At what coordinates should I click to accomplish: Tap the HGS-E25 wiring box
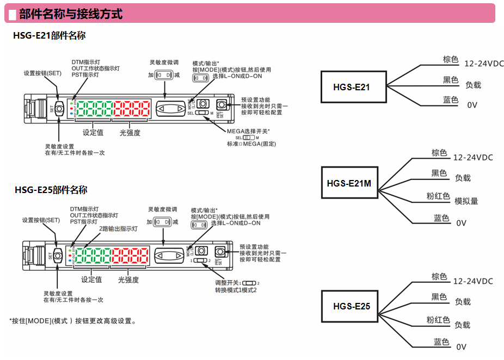(352, 306)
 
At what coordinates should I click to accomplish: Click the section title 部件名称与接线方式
(71, 14)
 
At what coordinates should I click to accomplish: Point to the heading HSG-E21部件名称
(50, 36)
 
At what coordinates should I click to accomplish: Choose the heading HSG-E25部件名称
(51, 190)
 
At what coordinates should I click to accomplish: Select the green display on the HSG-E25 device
(91, 256)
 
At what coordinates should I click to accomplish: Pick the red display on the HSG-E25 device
(130, 256)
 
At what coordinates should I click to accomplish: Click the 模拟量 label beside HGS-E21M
(466, 201)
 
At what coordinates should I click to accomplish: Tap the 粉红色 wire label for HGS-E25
(438, 320)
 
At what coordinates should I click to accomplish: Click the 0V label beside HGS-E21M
(462, 223)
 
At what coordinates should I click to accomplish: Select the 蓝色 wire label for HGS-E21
(451, 100)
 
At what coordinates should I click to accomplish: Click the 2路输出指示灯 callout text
(118, 229)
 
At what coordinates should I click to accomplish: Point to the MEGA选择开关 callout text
(248, 132)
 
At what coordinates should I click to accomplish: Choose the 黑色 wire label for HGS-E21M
(439, 173)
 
